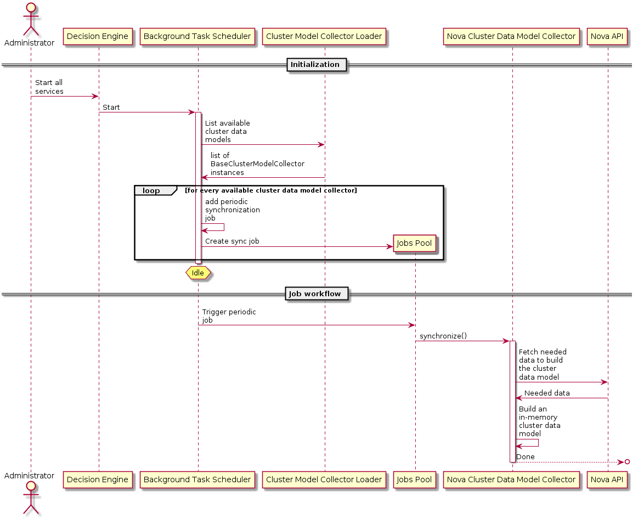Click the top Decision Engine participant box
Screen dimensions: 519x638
(98, 36)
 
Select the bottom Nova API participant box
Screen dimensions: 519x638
(607, 479)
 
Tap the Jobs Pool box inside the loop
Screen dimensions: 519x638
(415, 243)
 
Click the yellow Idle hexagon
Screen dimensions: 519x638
(198, 273)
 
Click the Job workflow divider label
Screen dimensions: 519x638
(317, 294)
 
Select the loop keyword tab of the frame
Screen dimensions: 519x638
(151, 191)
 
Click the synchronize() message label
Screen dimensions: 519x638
(443, 336)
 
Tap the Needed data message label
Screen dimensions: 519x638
(547, 393)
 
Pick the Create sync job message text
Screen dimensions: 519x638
(232, 241)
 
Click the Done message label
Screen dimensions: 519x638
(526, 456)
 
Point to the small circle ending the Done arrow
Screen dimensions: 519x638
(627, 462)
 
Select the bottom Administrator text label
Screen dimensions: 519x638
(30, 476)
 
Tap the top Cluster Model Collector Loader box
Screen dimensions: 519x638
(324, 36)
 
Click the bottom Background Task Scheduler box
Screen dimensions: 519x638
(197, 479)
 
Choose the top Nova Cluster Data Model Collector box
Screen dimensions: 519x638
(511, 36)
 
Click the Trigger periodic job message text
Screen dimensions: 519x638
(229, 316)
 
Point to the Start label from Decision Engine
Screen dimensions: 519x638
(111, 107)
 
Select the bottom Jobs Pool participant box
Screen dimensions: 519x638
(415, 479)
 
